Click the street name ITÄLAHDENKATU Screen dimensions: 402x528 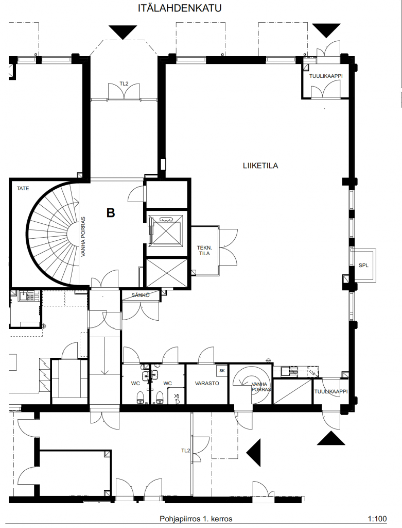[x=180, y=8]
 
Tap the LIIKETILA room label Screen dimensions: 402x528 [x=260, y=166]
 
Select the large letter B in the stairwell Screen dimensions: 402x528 [x=111, y=213]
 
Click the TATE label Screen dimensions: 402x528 [x=23, y=189]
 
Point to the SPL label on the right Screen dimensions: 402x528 [x=363, y=266]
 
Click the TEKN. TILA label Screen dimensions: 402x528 [x=204, y=251]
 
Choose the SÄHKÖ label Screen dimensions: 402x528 [x=140, y=295]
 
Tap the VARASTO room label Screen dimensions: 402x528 [x=207, y=383]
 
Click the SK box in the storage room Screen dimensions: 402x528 [x=222, y=370]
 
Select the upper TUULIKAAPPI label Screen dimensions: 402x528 [x=326, y=76]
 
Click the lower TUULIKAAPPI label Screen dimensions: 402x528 [x=331, y=392]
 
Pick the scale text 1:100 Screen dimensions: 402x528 [x=377, y=519]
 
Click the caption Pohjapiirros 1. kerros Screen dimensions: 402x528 [x=196, y=519]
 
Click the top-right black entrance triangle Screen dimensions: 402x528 [x=326, y=30]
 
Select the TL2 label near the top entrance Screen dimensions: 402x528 [x=124, y=84]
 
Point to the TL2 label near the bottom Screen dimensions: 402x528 [x=185, y=451]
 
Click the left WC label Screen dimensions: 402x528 [x=135, y=383]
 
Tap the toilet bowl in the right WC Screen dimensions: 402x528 [x=160, y=398]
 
